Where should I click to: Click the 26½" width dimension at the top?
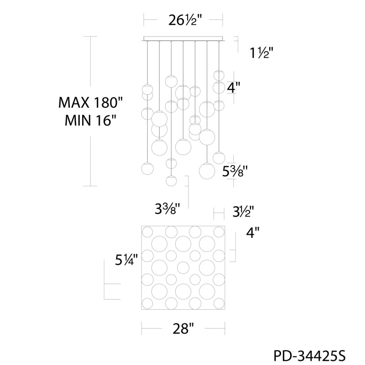(185, 20)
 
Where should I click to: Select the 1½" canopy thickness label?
(261, 53)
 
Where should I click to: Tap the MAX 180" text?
(90, 102)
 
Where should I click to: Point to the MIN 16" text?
(90, 120)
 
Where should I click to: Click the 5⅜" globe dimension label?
(234, 172)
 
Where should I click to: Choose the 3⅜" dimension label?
(167, 209)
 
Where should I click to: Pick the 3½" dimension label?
(243, 212)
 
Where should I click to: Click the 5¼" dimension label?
(126, 259)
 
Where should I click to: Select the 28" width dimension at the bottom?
(183, 328)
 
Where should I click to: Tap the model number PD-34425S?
(309, 356)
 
